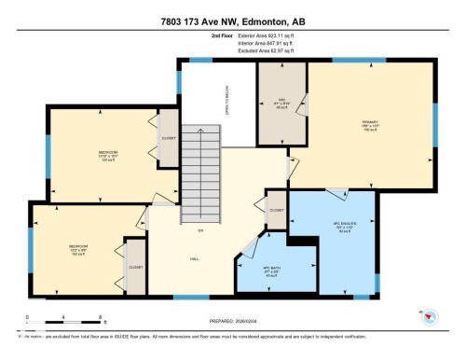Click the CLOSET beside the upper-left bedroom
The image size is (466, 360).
[x=169, y=138]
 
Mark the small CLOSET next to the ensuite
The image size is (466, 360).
[x=276, y=211]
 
